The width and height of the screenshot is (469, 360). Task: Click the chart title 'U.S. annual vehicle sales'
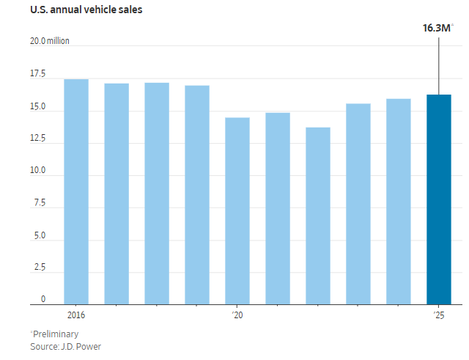pyautogui.click(x=86, y=10)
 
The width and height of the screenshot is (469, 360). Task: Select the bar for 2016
pyautogui.click(x=76, y=191)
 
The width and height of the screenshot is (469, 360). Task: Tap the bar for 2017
pyautogui.click(x=117, y=193)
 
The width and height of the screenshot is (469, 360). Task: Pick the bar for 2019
pyautogui.click(x=197, y=194)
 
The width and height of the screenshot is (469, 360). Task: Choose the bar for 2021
pyautogui.click(x=278, y=207)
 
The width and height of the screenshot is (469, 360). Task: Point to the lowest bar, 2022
pyautogui.click(x=318, y=215)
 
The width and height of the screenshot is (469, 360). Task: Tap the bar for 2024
pyautogui.click(x=399, y=201)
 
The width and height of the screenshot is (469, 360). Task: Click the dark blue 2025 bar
pyautogui.click(x=439, y=199)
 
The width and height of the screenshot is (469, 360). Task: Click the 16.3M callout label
pyautogui.click(x=437, y=29)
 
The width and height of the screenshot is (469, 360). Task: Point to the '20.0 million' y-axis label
pyautogui.click(x=49, y=41)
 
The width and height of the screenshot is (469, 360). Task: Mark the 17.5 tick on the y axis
pyautogui.click(x=37, y=75)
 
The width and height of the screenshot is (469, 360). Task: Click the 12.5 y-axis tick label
pyautogui.click(x=37, y=139)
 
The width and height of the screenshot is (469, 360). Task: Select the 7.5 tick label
pyautogui.click(x=40, y=203)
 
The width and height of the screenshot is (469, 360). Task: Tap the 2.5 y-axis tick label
pyautogui.click(x=40, y=267)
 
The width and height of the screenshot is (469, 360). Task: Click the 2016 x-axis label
pyautogui.click(x=76, y=315)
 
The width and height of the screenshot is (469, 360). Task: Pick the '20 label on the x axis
pyautogui.click(x=237, y=315)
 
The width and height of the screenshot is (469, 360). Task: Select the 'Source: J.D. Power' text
pyautogui.click(x=65, y=346)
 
